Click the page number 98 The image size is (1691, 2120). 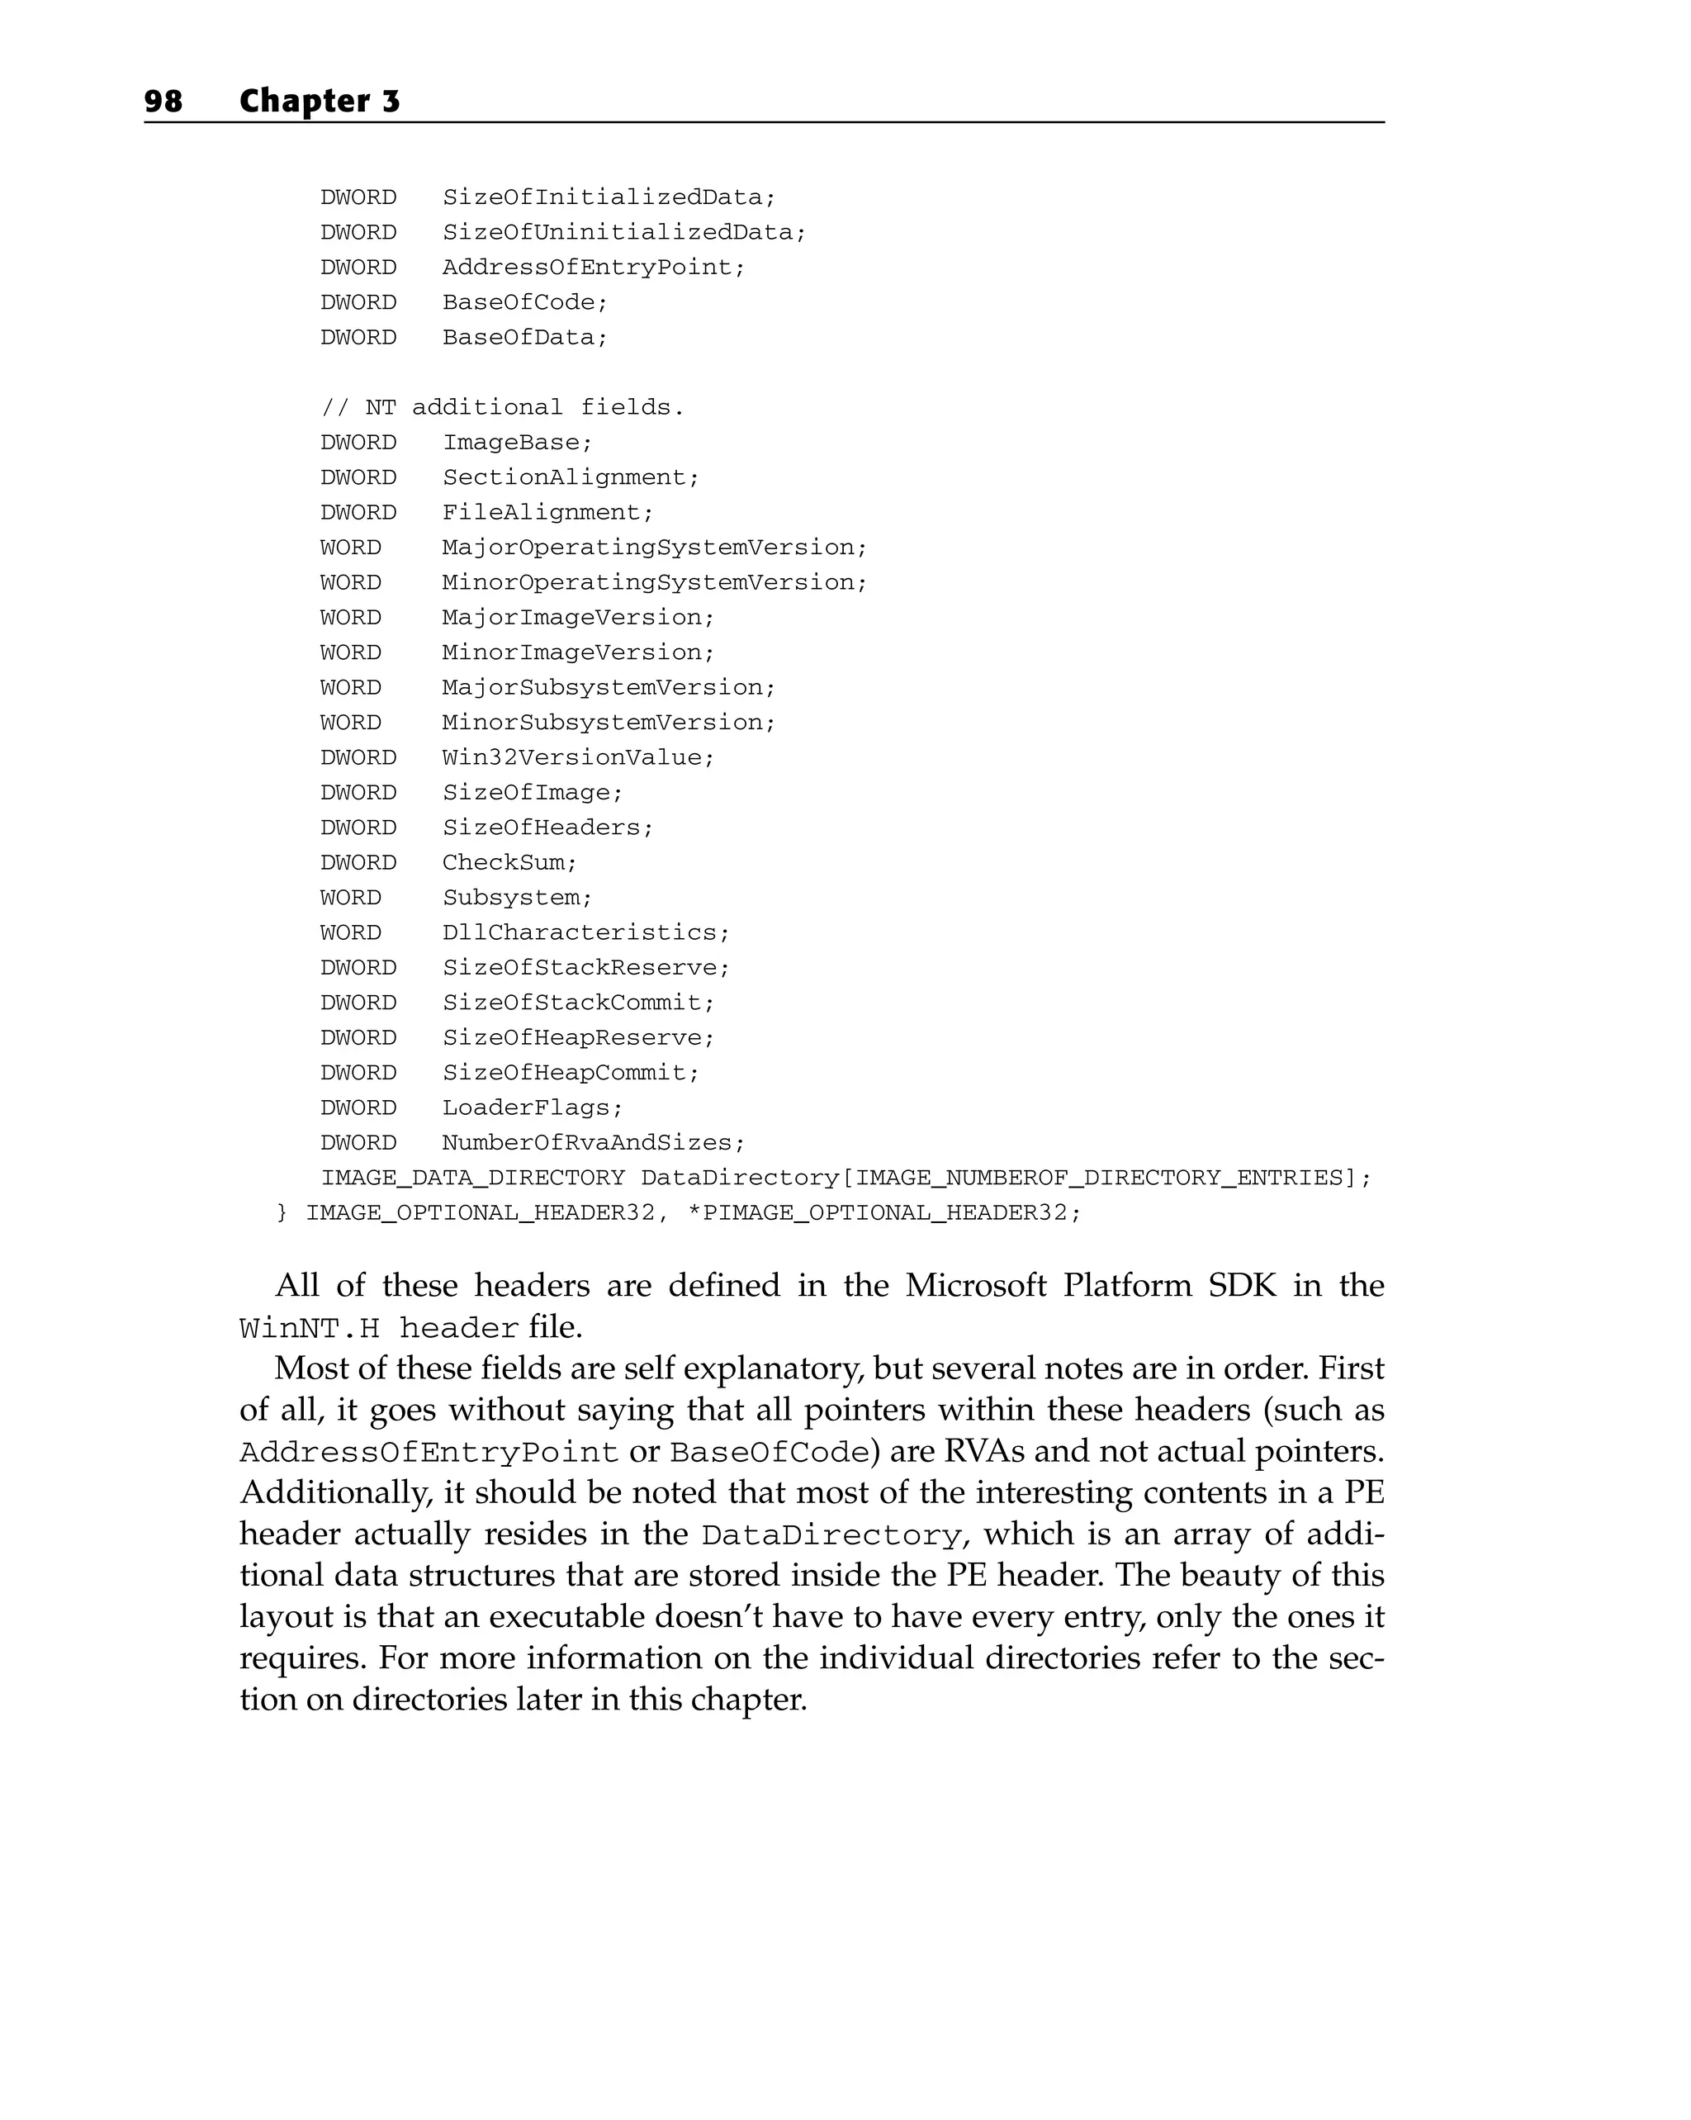(163, 102)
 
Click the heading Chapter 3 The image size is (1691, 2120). (320, 102)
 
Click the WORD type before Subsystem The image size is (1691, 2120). (350, 898)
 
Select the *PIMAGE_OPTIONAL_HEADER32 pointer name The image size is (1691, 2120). (877, 1213)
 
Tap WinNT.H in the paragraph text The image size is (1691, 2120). (310, 1329)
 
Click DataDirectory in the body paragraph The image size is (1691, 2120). (831, 1536)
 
